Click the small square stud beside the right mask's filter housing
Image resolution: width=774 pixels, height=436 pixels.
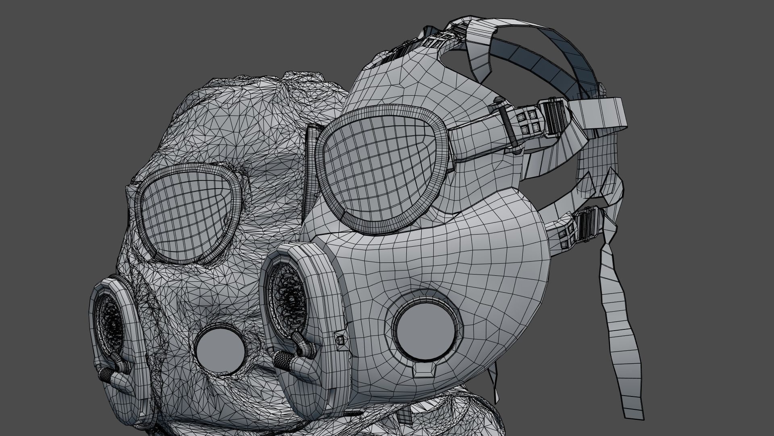pos(339,340)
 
